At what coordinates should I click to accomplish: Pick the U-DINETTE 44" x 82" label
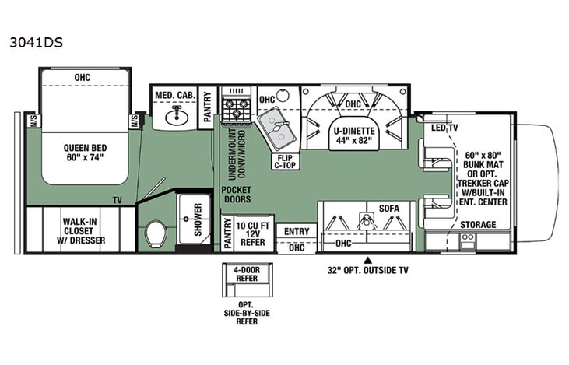354,136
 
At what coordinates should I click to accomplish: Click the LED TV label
444,128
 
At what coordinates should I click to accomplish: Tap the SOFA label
388,208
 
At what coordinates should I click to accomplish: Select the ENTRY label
297,231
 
